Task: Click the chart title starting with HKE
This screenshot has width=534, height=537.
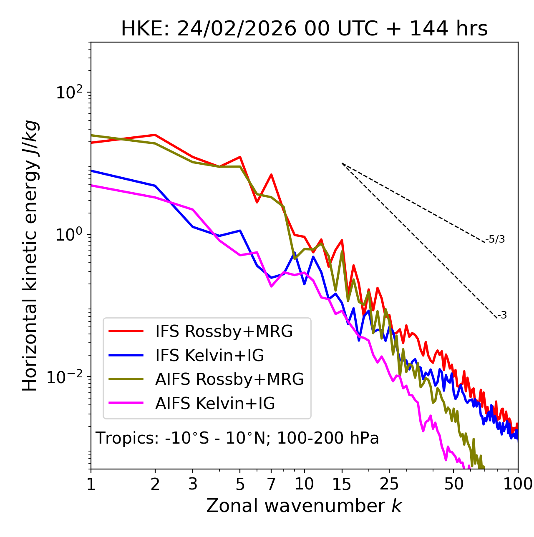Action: (304, 29)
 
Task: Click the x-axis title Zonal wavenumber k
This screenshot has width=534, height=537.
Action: (304, 506)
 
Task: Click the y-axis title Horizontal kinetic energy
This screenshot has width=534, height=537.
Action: (30, 256)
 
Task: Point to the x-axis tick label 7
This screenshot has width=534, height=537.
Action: (271, 484)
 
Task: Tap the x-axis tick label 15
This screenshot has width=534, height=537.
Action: (342, 484)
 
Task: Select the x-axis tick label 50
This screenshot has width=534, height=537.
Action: (453, 484)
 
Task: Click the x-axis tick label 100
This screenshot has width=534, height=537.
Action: (518, 484)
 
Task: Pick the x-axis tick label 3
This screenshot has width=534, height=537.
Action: (193, 484)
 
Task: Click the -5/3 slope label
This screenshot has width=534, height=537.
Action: (495, 239)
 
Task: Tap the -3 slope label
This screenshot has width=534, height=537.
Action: (502, 316)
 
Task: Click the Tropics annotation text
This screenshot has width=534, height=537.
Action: (237, 438)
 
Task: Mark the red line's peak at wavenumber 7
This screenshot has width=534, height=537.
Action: (271, 175)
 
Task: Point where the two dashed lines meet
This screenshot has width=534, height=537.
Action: (342, 163)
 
